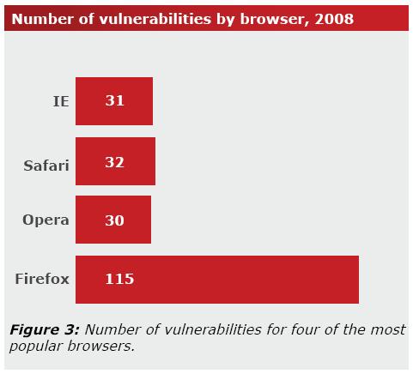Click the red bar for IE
pos(114,101)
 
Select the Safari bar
pos(115,161)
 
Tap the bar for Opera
pos(113,220)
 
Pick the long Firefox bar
pos(217,280)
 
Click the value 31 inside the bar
pos(114,100)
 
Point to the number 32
pos(114,162)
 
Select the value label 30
pos(114,220)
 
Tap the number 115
pos(119,279)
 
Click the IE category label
pos(61,101)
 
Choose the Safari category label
pos(46,166)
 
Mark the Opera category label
pos(46,220)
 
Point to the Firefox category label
pos(42,279)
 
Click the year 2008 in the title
pos(334,19)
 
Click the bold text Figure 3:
pos(45,330)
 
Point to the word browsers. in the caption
pos(100,347)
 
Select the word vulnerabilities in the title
pos(155,19)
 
